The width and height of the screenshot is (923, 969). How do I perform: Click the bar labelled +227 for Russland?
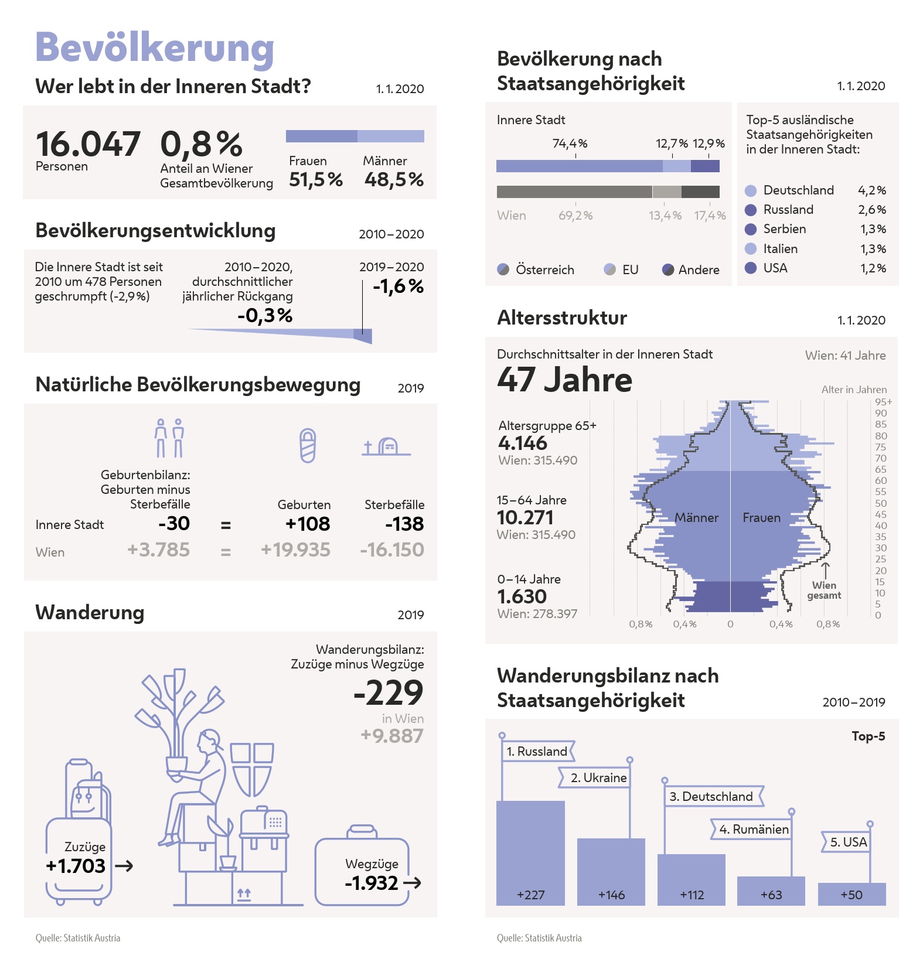coord(530,852)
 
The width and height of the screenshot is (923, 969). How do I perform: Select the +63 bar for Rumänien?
coord(771,890)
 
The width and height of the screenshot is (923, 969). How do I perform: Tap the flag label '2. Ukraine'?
coord(598,777)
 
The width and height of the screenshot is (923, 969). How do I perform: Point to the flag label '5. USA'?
coord(848,842)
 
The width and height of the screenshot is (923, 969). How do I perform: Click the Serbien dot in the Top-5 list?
coord(751,229)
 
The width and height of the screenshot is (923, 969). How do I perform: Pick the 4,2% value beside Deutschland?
coord(872,190)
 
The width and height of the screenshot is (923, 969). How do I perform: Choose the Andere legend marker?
coord(668,269)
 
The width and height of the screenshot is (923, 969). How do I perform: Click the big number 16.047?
coord(88,144)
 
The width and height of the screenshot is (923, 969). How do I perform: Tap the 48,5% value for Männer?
coord(394,179)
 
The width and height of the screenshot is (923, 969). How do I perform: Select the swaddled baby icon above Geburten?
coord(308,445)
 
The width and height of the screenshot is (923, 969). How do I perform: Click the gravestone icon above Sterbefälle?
coord(386,447)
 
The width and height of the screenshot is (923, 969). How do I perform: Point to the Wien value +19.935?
coord(295,550)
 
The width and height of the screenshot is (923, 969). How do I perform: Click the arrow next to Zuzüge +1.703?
coord(124,866)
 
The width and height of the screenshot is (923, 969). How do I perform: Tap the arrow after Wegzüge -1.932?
coord(413,883)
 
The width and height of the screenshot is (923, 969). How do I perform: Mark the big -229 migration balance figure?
coord(388,692)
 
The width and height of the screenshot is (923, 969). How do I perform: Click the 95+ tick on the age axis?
coord(883,402)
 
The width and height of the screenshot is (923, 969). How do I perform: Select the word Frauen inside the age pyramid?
coord(761,517)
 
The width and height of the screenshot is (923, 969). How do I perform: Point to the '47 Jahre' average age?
coord(565,380)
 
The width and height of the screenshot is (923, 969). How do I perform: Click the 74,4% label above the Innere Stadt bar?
coord(570,144)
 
